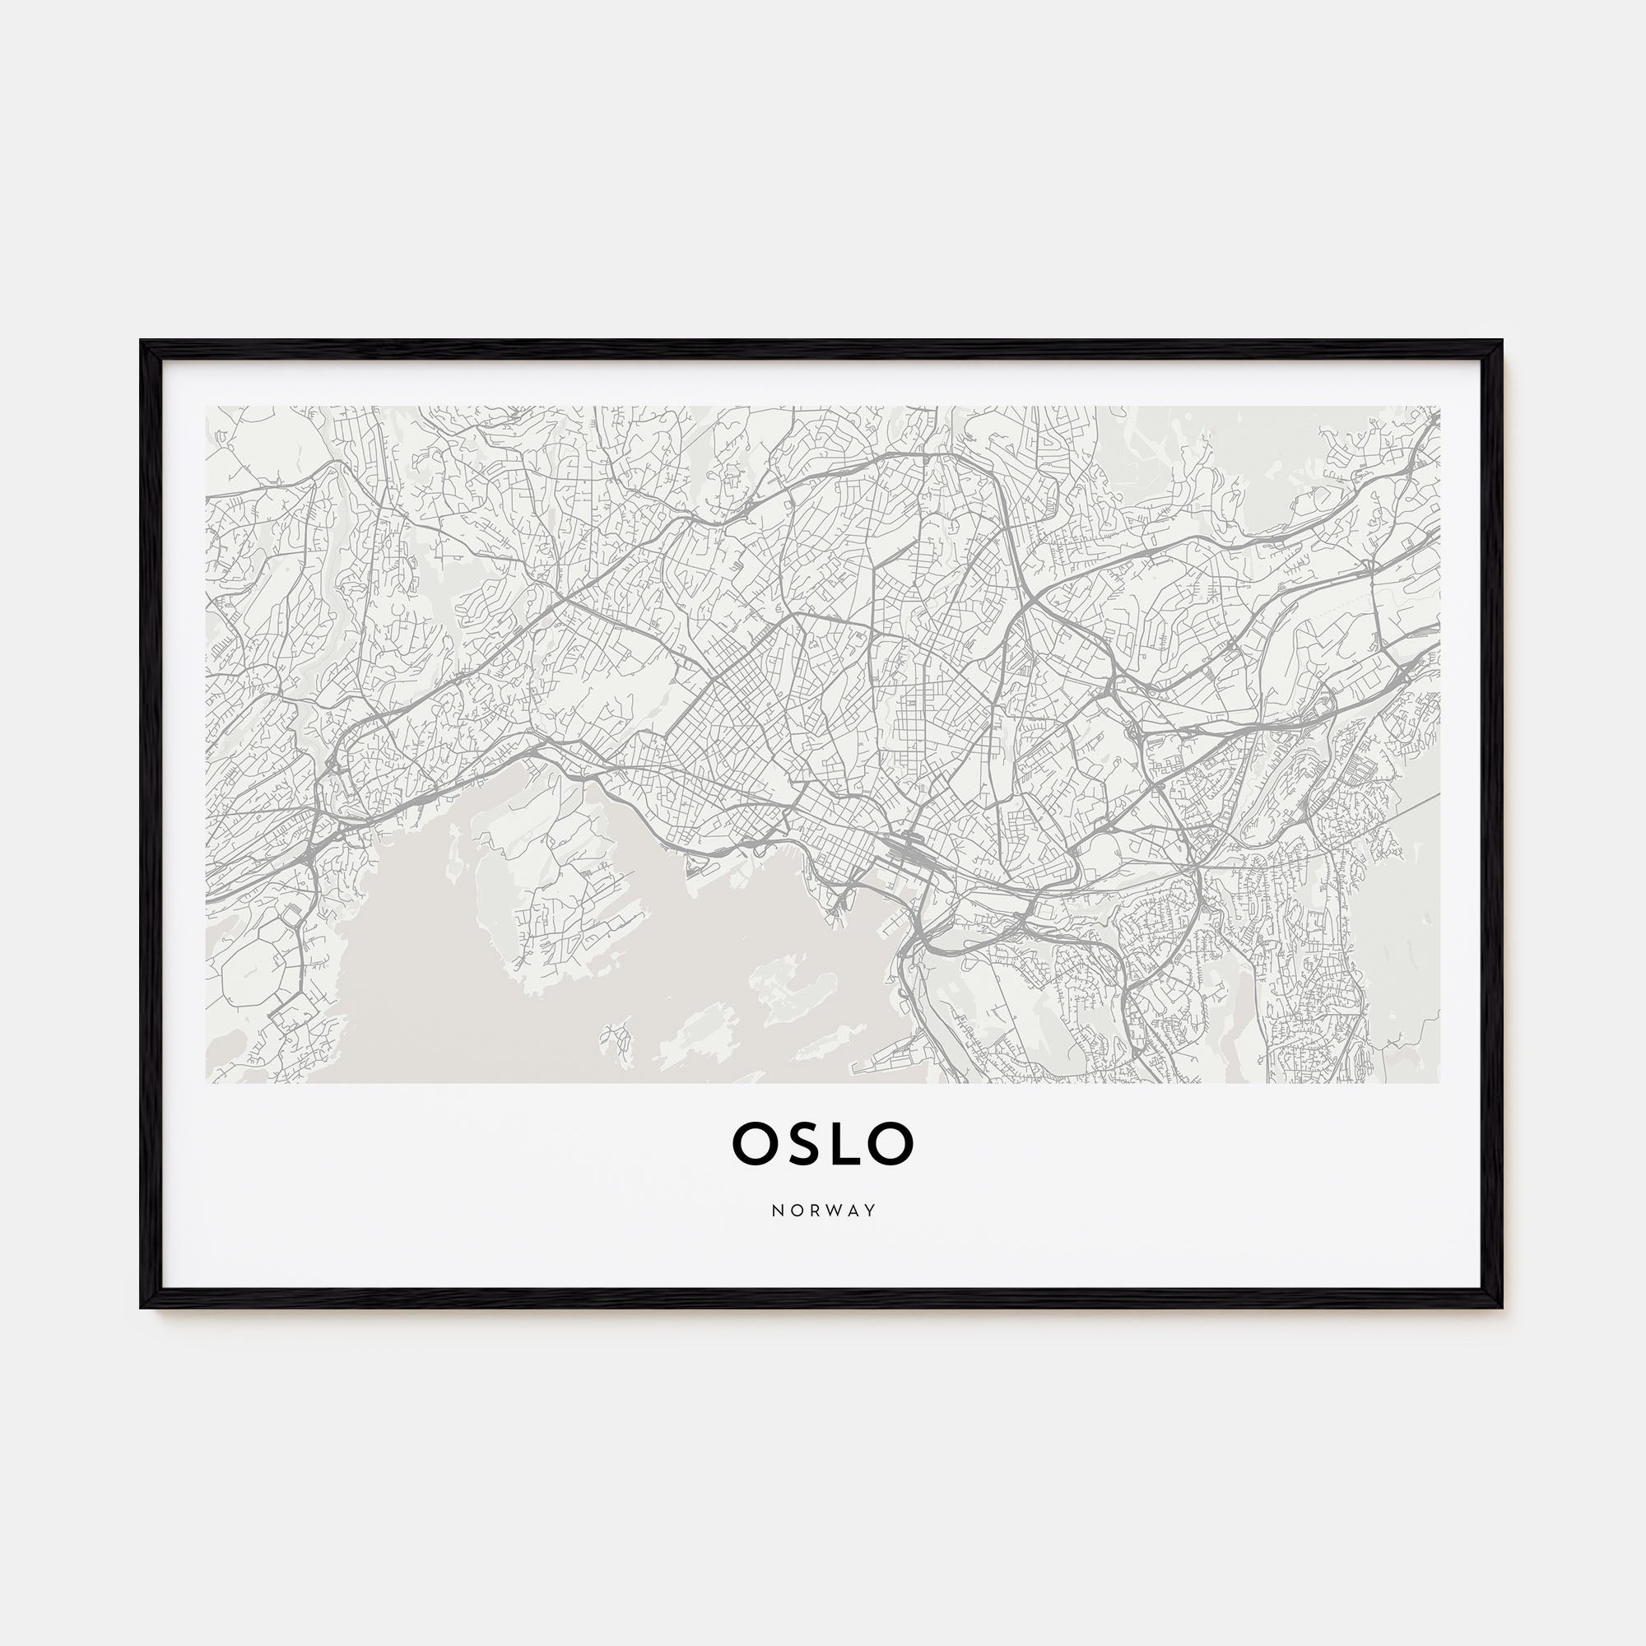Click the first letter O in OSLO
[753, 1143]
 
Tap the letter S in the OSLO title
[802, 1143]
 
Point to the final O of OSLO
[892, 1143]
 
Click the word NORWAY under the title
[823, 1211]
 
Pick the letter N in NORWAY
[777, 1211]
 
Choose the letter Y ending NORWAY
[870, 1211]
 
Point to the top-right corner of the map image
[1439, 407]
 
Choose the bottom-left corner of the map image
[207, 1083]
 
